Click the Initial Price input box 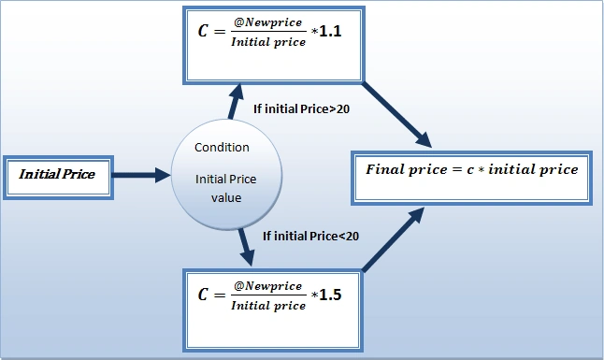point(58,178)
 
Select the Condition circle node point(226,175)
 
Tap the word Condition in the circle point(222,147)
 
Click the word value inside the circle point(226,197)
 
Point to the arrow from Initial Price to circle point(141,175)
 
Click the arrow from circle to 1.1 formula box point(236,101)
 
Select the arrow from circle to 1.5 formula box point(246,247)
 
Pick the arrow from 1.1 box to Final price point(396,114)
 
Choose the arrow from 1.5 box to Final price point(394,239)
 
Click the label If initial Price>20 point(301,109)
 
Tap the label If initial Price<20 point(310,236)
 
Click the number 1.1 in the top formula point(330,31)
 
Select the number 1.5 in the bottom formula point(330,295)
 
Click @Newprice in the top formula point(267,22)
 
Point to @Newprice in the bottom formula point(267,286)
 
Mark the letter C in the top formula point(203,31)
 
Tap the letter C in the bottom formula point(203,295)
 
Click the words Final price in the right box point(407,169)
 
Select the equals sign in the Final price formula point(457,169)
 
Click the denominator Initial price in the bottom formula point(268,306)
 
